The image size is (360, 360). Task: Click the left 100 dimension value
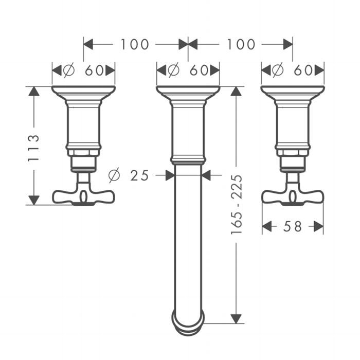click(x=135, y=44)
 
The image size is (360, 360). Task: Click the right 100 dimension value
click(x=241, y=44)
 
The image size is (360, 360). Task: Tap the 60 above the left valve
click(x=94, y=70)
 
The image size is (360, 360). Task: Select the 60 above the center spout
click(x=199, y=70)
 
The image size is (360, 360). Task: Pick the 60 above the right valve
click(x=303, y=70)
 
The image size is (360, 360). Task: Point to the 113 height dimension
click(x=33, y=148)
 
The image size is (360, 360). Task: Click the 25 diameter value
click(x=139, y=176)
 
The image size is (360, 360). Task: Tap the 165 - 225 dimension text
click(x=237, y=204)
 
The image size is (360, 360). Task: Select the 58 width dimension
click(x=293, y=227)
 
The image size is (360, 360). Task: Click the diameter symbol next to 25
click(x=114, y=175)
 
